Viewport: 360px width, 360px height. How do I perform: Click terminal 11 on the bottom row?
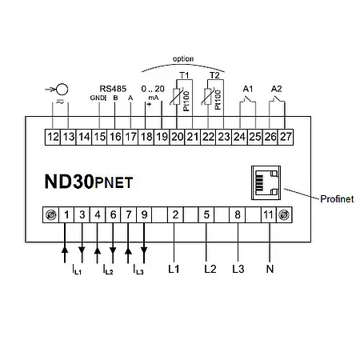pos(270,214)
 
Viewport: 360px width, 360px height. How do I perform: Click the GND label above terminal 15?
pos(97,99)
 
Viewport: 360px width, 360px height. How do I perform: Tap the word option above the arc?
pos(183,59)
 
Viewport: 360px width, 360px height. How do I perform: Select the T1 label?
pos(183,74)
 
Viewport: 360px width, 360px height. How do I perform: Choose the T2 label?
pos(214,74)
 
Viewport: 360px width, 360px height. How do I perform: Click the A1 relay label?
pos(247,87)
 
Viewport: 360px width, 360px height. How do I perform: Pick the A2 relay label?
pos(278,87)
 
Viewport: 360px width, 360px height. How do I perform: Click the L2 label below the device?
pos(210,269)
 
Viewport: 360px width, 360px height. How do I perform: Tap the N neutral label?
pos(270,269)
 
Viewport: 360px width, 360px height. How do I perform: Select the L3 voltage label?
pos(238,269)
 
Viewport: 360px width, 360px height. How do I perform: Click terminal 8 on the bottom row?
pos(238,214)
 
